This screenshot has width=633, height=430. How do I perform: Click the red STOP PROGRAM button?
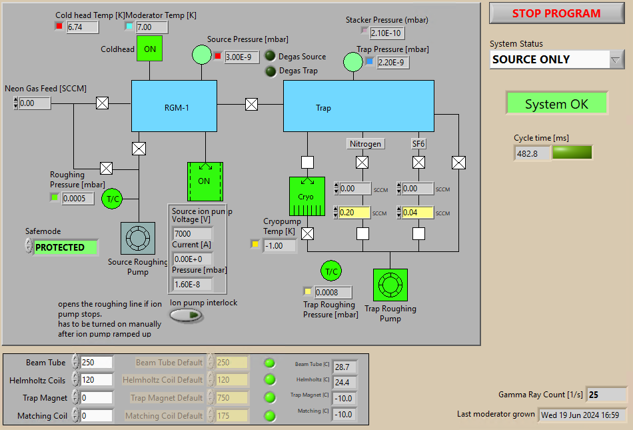[x=556, y=13]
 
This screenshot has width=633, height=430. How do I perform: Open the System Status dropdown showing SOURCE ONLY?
[x=557, y=59]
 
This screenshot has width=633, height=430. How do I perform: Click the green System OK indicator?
[x=556, y=104]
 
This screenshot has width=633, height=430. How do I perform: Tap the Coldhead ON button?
[x=150, y=49]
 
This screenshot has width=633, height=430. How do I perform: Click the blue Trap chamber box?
[x=358, y=106]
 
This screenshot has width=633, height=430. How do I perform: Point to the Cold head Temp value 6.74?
[x=83, y=27]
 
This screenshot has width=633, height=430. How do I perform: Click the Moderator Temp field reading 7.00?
[x=152, y=27]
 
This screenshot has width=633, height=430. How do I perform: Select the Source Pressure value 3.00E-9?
[x=241, y=57]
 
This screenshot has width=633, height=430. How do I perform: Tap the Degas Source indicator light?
[x=271, y=57]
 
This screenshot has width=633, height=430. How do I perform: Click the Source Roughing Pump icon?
[x=138, y=238]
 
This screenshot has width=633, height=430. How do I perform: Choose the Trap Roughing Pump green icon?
[x=390, y=285]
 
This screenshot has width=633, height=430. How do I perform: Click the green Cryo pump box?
[x=307, y=197]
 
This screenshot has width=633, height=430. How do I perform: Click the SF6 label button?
[x=418, y=143]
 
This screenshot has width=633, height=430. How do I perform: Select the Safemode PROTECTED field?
[x=65, y=247]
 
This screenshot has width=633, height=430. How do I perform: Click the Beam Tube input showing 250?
[x=96, y=363]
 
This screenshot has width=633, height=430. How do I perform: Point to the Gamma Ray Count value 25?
[x=606, y=395]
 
